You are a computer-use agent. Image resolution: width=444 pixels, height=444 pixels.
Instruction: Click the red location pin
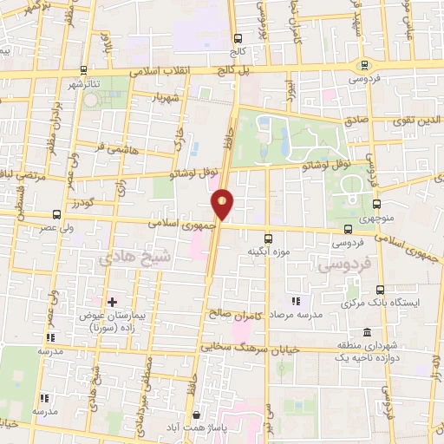[223, 202]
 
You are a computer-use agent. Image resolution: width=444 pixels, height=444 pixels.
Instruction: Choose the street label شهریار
[171, 98]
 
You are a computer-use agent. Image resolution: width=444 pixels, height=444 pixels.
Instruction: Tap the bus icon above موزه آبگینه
[267, 236]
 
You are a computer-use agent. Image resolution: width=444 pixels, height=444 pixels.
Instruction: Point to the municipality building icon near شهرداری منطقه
[368, 333]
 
